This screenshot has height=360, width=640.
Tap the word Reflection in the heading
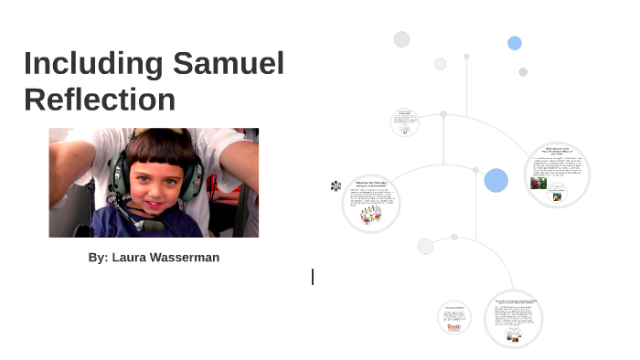(x=100, y=99)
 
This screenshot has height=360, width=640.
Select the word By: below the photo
(x=98, y=258)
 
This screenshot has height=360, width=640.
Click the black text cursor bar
(x=313, y=276)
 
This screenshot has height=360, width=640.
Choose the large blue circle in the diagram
(x=496, y=180)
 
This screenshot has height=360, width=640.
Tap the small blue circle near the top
(x=515, y=43)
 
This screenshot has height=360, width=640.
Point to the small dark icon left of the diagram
(x=336, y=185)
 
